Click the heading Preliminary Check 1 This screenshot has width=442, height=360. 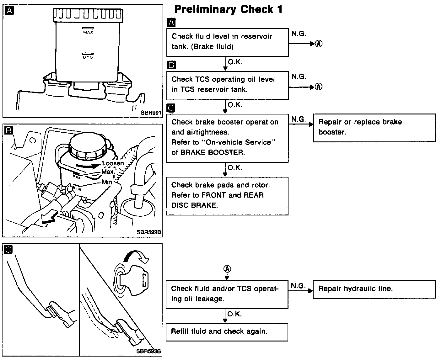228,9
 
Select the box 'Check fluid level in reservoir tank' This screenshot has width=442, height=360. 227,42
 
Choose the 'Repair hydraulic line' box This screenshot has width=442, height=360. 374,289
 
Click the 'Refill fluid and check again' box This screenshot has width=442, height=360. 227,332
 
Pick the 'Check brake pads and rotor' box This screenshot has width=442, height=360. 227,196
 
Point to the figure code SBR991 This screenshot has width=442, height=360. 151,113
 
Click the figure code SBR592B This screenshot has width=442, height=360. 149,232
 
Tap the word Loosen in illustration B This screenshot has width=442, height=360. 113,163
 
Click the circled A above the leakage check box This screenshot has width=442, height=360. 227,269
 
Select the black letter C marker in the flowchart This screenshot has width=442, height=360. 171,109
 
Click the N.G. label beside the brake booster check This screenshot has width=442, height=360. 299,119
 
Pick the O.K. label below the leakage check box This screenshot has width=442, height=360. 234,314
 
